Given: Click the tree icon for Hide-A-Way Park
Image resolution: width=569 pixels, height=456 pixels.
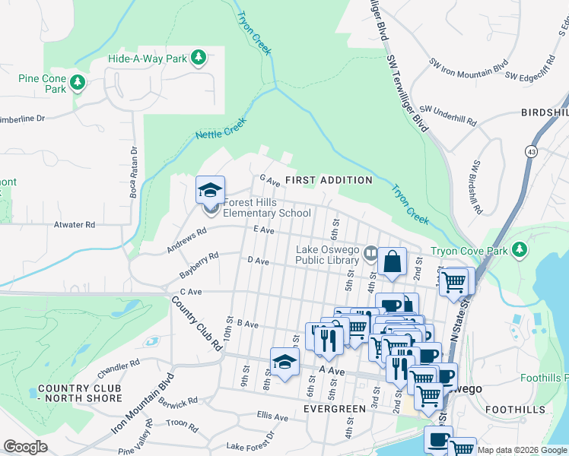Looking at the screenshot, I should click(198, 58).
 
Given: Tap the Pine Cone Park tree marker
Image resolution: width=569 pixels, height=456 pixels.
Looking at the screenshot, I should click(78, 82).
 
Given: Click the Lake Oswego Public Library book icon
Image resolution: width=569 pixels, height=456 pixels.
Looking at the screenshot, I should click(370, 252).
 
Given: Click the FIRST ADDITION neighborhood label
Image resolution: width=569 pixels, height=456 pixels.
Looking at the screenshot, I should click(329, 180).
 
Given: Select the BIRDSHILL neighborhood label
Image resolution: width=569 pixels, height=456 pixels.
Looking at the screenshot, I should click(545, 112).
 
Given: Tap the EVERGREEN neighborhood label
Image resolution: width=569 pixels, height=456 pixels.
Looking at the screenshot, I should click(335, 409).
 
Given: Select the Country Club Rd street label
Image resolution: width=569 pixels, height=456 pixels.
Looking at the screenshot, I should click(195, 323).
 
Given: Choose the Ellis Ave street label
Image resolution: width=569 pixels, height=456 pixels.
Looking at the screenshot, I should click(272, 416).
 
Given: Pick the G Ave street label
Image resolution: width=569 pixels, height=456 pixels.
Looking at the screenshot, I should click(271, 179).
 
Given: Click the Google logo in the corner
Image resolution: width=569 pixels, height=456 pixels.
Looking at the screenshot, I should click(26, 447).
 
